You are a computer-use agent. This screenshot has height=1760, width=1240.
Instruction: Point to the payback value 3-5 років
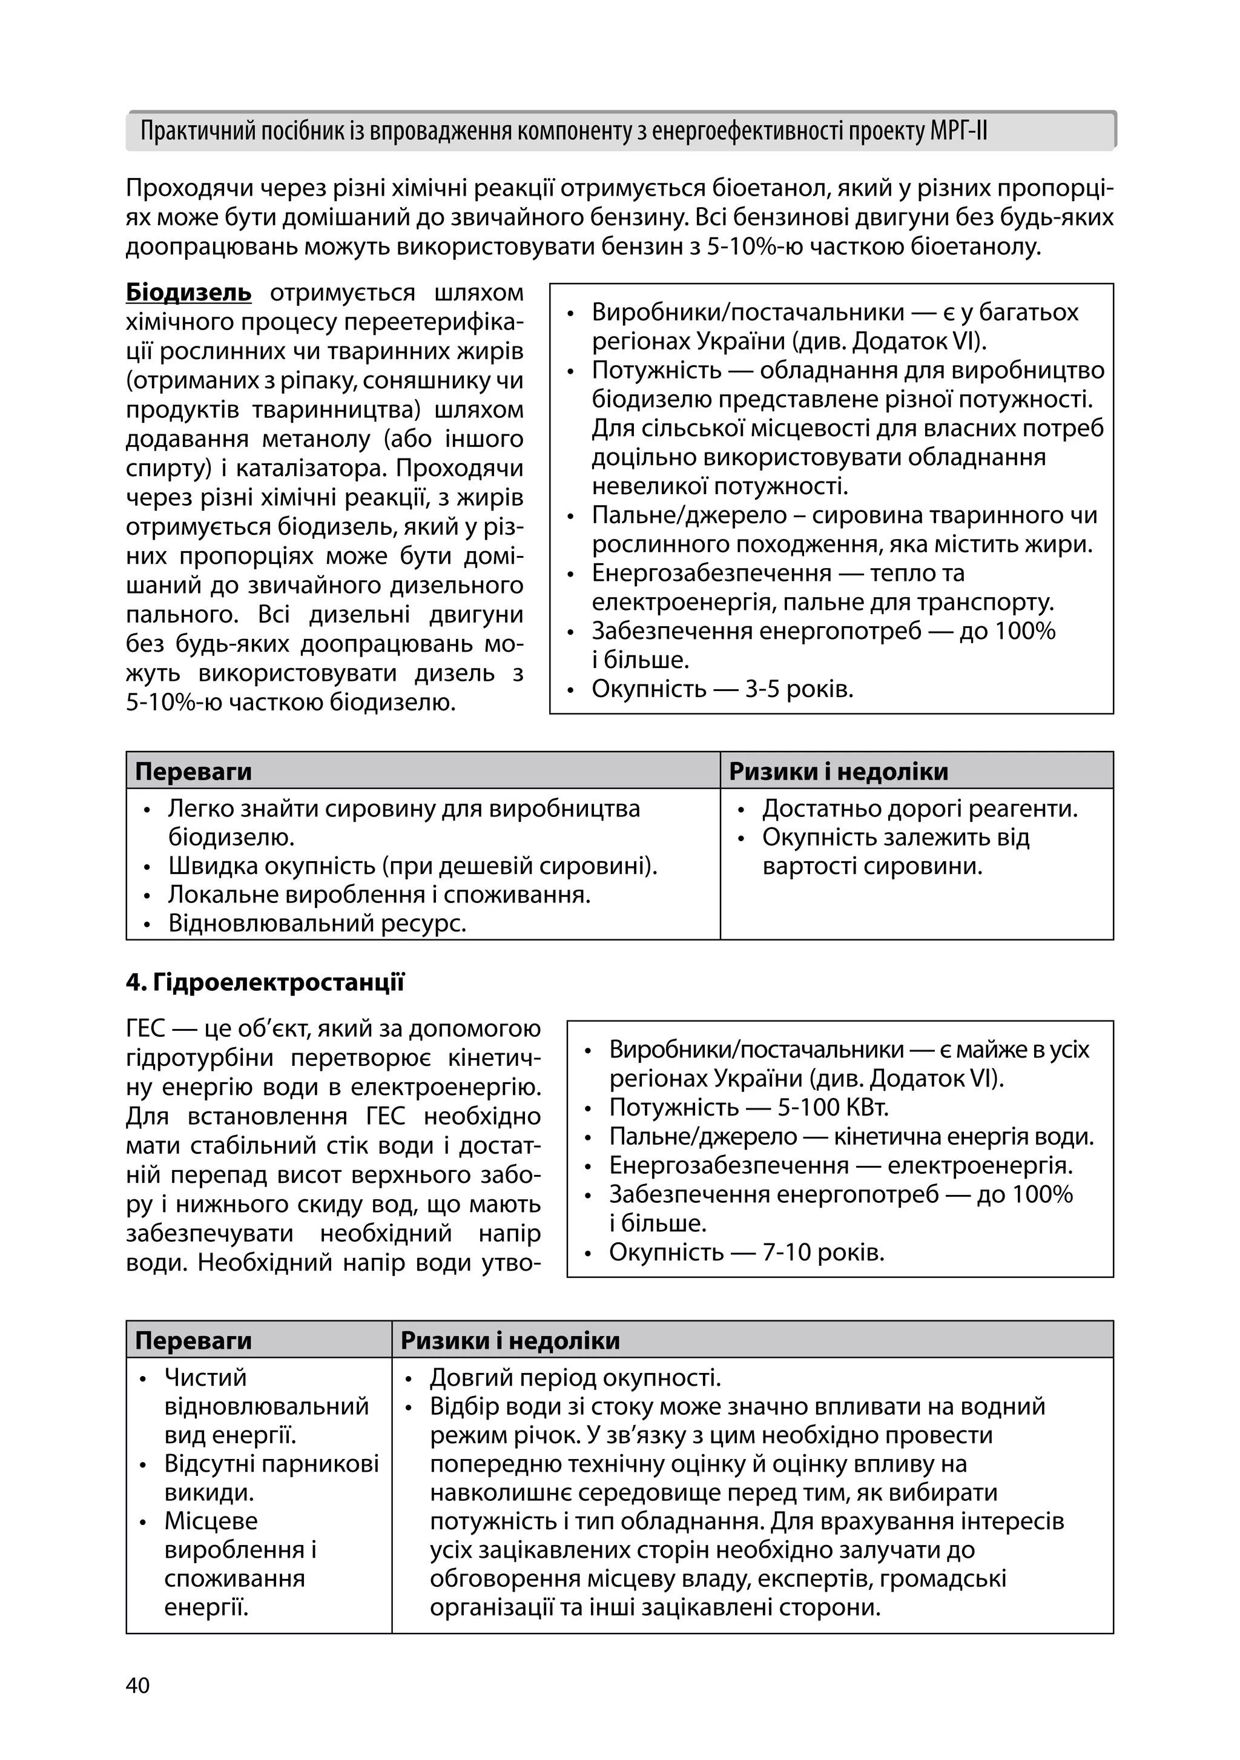click(x=799, y=689)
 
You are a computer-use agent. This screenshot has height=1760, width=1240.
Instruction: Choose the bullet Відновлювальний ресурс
click(x=317, y=923)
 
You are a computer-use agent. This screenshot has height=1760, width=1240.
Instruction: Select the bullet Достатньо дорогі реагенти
click(x=920, y=809)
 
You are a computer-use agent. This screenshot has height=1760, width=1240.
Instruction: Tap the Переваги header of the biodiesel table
click(x=193, y=771)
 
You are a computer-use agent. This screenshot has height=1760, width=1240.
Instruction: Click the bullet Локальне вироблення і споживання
click(x=380, y=895)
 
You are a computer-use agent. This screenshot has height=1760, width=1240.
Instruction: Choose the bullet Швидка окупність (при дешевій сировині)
click(x=412, y=866)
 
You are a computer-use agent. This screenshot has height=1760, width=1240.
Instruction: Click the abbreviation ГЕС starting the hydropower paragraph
click(x=145, y=1029)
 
